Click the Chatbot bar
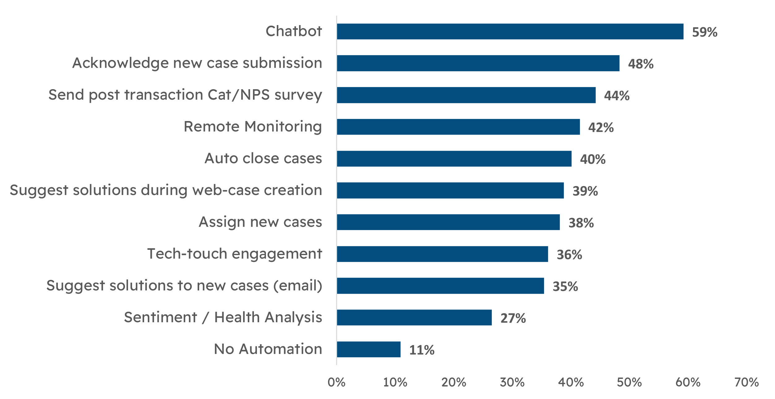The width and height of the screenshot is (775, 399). pos(510,32)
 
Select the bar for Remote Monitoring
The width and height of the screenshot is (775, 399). pos(458,127)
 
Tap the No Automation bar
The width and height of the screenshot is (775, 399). pos(369,349)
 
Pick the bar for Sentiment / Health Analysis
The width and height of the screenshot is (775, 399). pos(414,317)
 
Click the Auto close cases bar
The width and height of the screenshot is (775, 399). pos(454,159)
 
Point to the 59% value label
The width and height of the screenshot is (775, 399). pos(704,32)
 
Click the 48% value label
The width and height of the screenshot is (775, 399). pos(640,64)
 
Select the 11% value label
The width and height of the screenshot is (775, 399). pos(422,350)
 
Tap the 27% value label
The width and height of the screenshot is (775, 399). pos(513,318)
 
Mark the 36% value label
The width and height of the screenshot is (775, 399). pos(569,255)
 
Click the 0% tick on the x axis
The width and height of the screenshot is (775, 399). pos(336,383)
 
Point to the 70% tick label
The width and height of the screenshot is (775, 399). pos(746,383)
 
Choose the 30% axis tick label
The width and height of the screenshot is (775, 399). pos(512,383)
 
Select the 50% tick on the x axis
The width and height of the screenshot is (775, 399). pos(629,383)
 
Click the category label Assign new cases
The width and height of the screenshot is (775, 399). pos(260,222)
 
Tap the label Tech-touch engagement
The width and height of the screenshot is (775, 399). pos(234,254)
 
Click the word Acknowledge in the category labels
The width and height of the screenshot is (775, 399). pos(120,63)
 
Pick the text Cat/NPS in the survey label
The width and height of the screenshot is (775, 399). pos(238,95)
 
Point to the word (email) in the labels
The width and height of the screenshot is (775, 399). pos(298,286)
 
